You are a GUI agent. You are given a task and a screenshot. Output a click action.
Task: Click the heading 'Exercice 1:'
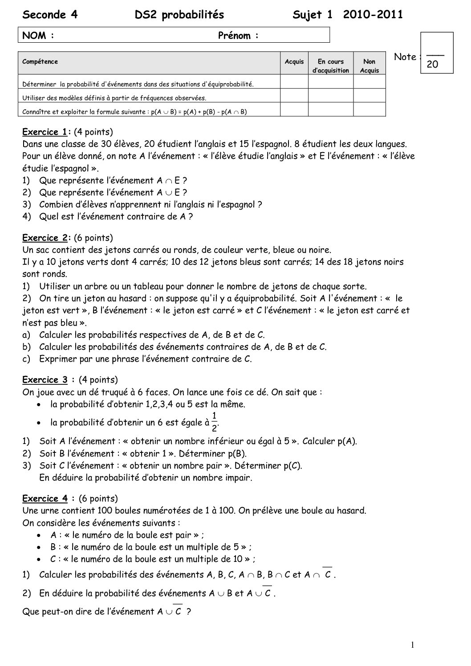(x=46, y=132)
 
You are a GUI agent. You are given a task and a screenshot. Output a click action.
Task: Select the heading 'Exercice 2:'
(x=46, y=238)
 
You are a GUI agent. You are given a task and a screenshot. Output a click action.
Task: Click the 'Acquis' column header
(x=294, y=62)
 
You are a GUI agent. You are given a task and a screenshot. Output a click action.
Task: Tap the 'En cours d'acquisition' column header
(x=330, y=66)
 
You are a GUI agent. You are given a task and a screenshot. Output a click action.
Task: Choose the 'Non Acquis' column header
(x=369, y=66)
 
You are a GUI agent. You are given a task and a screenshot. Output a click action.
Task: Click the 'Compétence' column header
(x=40, y=62)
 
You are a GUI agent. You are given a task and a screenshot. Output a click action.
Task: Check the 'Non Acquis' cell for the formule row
(x=369, y=110)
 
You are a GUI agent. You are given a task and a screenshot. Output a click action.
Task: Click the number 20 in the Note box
(x=432, y=65)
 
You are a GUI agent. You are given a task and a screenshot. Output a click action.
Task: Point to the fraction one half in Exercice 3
(x=215, y=422)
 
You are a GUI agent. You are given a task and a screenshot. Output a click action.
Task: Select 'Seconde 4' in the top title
(x=50, y=15)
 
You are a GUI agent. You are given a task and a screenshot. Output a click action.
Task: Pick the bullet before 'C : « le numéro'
(x=41, y=559)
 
